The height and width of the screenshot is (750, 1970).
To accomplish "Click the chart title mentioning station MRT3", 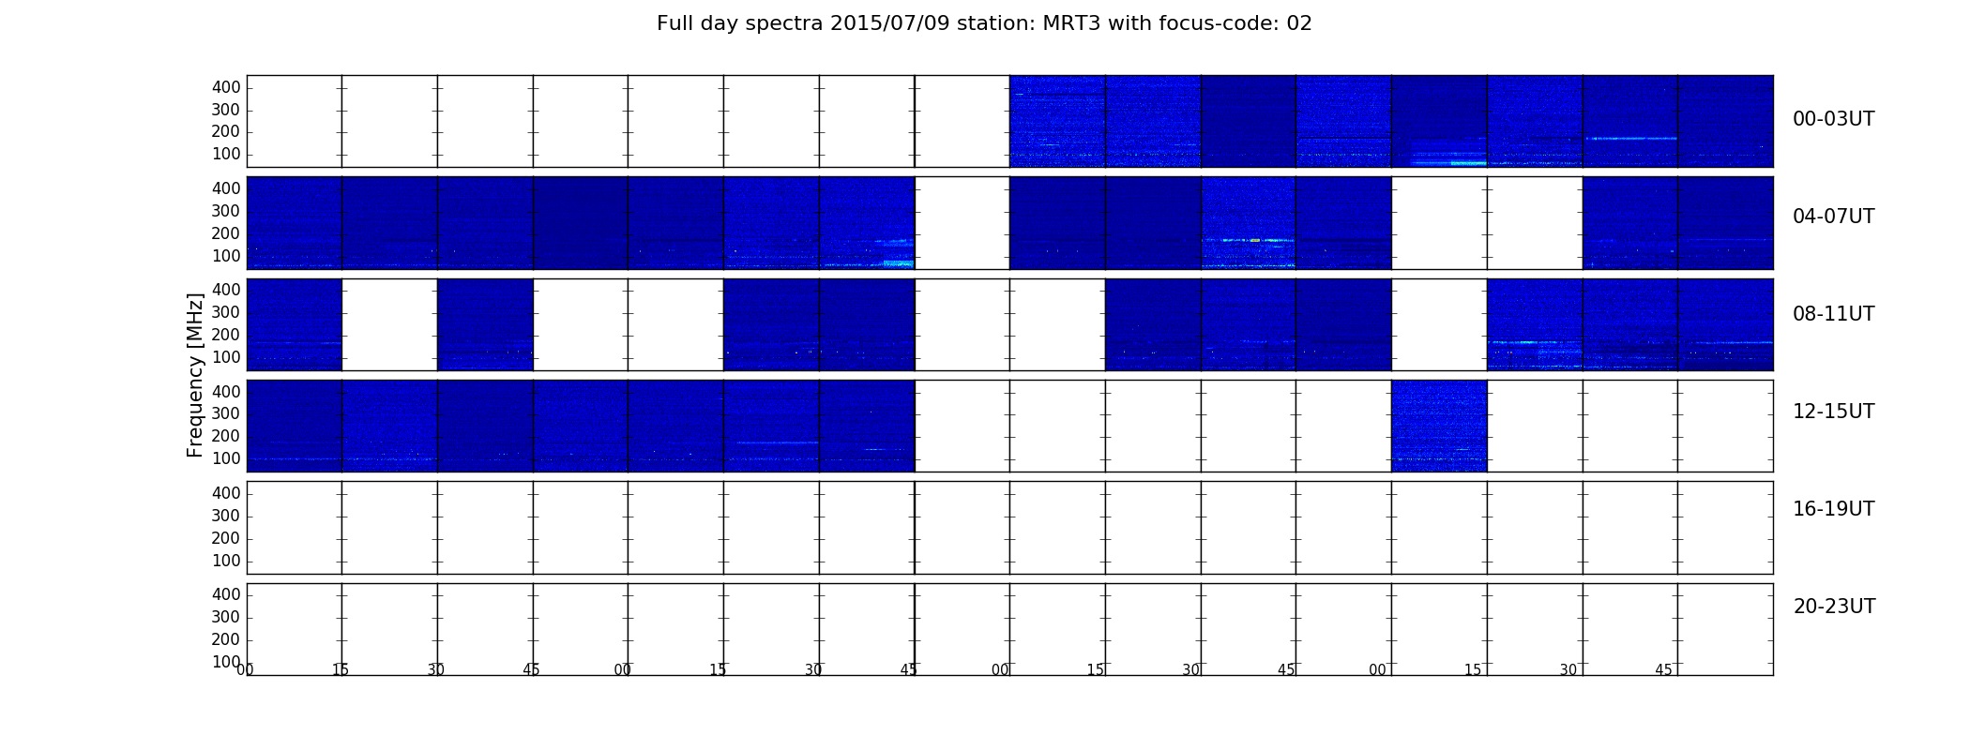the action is pyautogui.click(x=984, y=23).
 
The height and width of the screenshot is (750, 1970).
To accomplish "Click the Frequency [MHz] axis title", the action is pyautogui.click(x=195, y=375).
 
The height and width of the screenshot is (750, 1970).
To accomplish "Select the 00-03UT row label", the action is pyautogui.click(x=1833, y=119).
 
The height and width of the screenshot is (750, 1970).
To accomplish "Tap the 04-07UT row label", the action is pyautogui.click(x=1833, y=217).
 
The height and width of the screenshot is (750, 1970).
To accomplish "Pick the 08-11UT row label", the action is pyautogui.click(x=1833, y=314).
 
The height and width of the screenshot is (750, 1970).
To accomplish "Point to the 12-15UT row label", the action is pyautogui.click(x=1833, y=412).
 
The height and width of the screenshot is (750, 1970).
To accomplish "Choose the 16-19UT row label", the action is pyautogui.click(x=1833, y=509).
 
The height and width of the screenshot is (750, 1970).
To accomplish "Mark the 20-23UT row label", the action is pyautogui.click(x=1834, y=607).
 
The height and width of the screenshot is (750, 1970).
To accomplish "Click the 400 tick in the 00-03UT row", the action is pyautogui.click(x=226, y=87).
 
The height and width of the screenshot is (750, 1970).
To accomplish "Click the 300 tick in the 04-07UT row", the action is pyautogui.click(x=226, y=211).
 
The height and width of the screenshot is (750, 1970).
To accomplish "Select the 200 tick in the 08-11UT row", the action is pyautogui.click(x=226, y=335).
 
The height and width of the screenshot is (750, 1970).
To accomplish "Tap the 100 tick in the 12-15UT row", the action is pyautogui.click(x=226, y=458).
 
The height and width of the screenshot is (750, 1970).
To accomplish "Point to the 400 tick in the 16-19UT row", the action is pyautogui.click(x=226, y=493).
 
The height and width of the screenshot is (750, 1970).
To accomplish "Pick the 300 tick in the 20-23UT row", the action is pyautogui.click(x=226, y=617).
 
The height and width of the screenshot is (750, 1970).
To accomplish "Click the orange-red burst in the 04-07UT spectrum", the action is pyautogui.click(x=1255, y=240).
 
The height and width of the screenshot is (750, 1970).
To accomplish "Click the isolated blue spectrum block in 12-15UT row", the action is pyautogui.click(x=1439, y=426).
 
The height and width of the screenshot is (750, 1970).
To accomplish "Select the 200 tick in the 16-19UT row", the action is pyautogui.click(x=226, y=538).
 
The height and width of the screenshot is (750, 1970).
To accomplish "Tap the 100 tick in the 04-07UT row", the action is pyautogui.click(x=226, y=256).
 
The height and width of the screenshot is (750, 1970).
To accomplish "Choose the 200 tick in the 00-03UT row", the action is pyautogui.click(x=226, y=132).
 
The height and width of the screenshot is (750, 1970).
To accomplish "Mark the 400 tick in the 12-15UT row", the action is pyautogui.click(x=226, y=392).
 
